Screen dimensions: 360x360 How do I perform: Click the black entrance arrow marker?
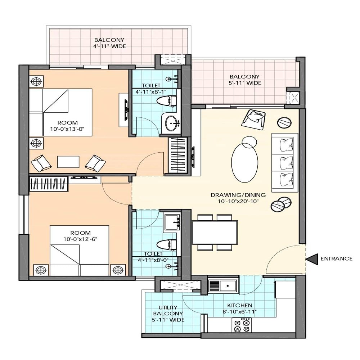point(312,258)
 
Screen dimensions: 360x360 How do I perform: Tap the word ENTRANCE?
point(336,258)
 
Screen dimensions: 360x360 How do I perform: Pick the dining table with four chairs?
point(215,232)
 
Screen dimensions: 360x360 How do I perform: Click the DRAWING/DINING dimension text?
point(238,198)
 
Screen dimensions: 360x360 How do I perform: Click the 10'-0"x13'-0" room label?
point(69,126)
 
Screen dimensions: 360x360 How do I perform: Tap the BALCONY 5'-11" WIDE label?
point(244,80)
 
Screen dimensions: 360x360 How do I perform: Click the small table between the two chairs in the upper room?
point(68,162)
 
